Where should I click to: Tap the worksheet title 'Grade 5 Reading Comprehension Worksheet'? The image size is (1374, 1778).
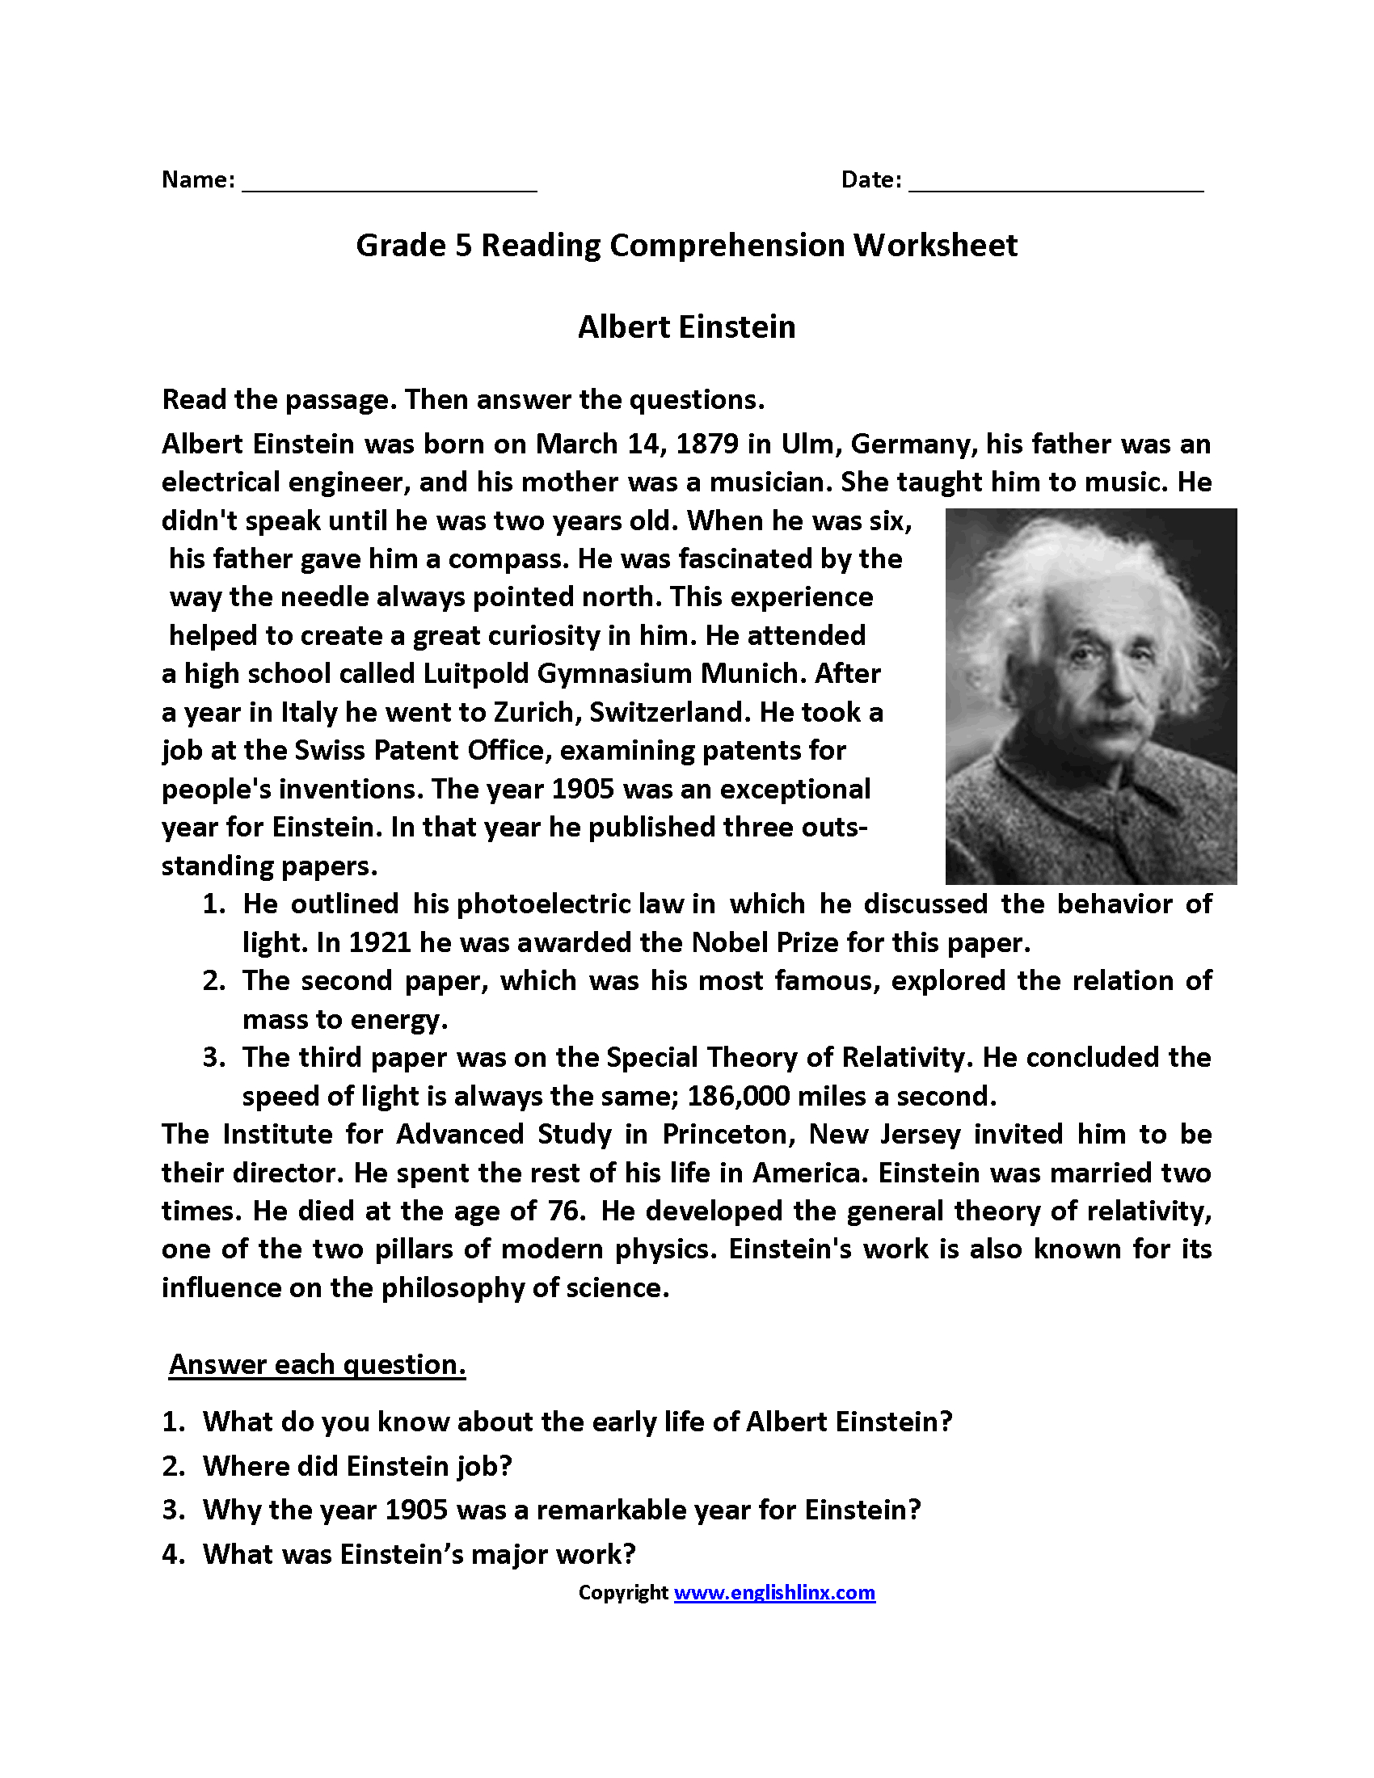coord(686,246)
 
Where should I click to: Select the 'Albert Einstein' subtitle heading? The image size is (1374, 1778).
coord(686,327)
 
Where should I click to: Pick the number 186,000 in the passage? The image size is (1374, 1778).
coord(737,1097)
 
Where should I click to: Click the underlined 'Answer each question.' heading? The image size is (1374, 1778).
coord(317,1365)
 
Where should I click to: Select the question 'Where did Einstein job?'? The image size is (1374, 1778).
coord(356,1466)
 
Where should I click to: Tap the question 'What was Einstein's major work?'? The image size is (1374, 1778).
coord(419,1554)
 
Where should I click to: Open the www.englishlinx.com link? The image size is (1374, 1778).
coord(774,1593)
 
